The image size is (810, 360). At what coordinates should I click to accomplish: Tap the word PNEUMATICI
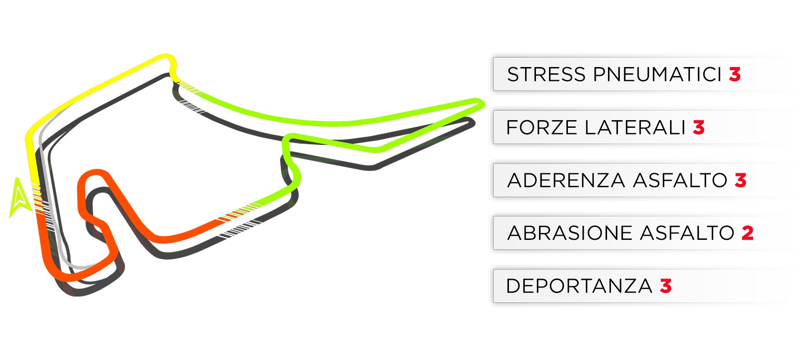(x=657, y=74)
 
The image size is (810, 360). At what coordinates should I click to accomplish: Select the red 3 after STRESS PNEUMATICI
(x=735, y=74)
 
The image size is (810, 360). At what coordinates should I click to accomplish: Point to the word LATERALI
(x=635, y=127)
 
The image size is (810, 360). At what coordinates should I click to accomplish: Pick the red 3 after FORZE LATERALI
(x=698, y=127)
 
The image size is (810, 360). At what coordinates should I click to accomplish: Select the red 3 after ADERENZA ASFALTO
(x=741, y=180)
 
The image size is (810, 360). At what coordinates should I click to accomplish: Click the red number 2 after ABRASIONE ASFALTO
(x=747, y=233)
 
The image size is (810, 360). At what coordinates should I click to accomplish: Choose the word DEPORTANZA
(x=579, y=286)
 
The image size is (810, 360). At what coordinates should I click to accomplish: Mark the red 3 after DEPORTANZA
(x=666, y=286)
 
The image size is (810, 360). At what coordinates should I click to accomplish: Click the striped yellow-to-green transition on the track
(x=188, y=87)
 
